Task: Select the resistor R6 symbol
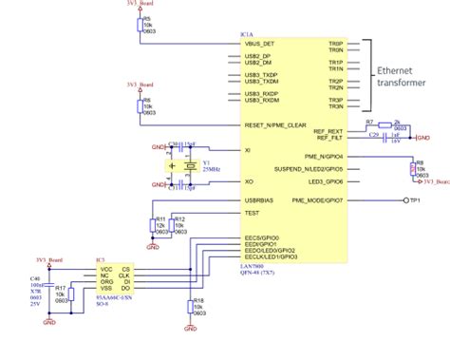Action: pyautogui.click(x=140, y=106)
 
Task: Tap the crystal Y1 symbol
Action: pyautogui.click(x=172, y=165)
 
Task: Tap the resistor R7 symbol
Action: pyautogui.click(x=383, y=126)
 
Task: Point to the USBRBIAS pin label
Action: pyautogui.click(x=261, y=201)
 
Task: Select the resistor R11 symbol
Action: pyautogui.click(x=152, y=224)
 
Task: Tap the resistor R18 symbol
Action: pyautogui.click(x=189, y=306)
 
